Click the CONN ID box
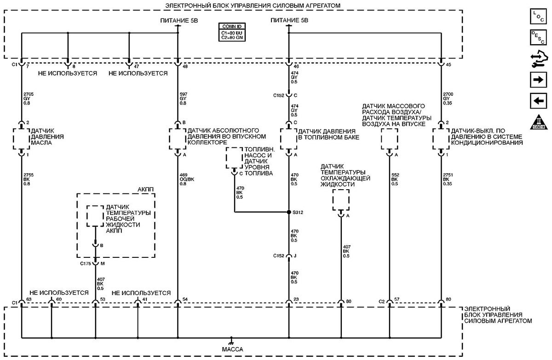[x=232, y=32]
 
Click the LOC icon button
[x=538, y=16]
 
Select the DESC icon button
[x=538, y=37]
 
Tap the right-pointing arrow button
[x=538, y=80]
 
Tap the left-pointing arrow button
[x=538, y=101]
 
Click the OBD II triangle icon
[x=539, y=122]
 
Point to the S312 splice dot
[x=289, y=212]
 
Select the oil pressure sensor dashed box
[x=22, y=139]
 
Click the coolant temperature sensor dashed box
[x=341, y=200]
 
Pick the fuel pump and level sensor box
[x=234, y=158]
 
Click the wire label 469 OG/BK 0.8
[x=187, y=179]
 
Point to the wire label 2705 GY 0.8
[x=29, y=99]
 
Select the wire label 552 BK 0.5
[x=395, y=179]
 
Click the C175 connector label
[x=86, y=264]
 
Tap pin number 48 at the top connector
[x=185, y=66]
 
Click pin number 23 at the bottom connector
[x=296, y=299]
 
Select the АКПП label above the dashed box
[x=145, y=189]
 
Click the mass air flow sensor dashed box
[x=389, y=139]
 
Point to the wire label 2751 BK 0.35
[x=448, y=179]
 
